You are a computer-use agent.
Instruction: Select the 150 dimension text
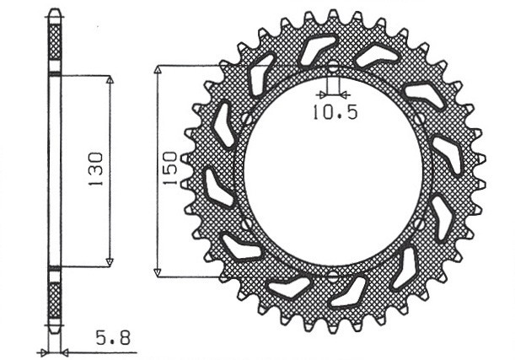[169, 169]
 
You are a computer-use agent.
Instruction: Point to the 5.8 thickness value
[113, 339]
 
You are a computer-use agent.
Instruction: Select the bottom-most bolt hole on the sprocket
[332, 275]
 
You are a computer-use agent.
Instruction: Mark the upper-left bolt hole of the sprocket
[246, 118]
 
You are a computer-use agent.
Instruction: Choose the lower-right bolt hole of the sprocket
[419, 223]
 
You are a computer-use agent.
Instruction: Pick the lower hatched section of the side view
[55, 300]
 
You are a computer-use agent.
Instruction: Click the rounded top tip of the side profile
[55, 11]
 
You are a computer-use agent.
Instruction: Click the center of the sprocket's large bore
[332, 170]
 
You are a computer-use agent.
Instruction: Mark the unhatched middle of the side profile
[55, 169]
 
